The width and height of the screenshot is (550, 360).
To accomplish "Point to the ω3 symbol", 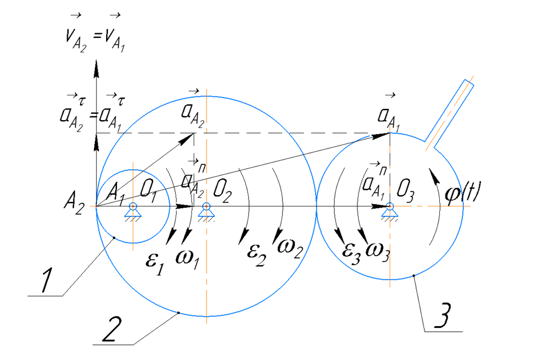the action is pos(378,248).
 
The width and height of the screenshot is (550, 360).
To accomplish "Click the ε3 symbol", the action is pos(353,249).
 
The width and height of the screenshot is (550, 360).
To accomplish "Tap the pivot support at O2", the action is pos(207,210).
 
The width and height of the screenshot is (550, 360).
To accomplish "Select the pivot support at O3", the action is pos(390,210).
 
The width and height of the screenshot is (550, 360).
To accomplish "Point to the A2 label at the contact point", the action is pos(75,208).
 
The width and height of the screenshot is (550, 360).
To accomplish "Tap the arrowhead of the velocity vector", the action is pos(96,63).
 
